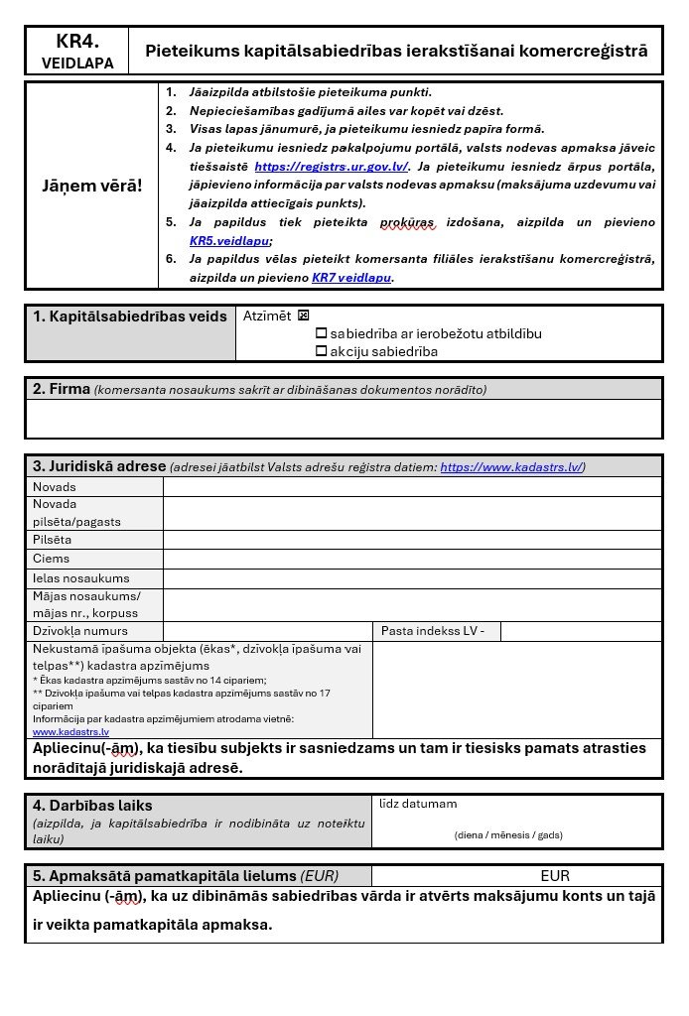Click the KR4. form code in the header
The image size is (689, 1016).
tap(76, 41)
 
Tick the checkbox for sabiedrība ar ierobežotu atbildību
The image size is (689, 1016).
tap(321, 334)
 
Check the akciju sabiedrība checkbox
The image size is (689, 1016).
tap(321, 351)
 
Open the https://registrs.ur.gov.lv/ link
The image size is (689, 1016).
tap(331, 166)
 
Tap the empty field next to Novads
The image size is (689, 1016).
tap(412, 487)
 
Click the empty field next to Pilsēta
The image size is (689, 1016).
tap(412, 540)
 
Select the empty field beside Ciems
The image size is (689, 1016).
tap(412, 559)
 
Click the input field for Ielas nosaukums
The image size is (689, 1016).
tap(412, 578)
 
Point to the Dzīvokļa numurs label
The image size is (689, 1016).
tap(80, 631)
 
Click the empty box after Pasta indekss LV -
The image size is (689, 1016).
tap(581, 631)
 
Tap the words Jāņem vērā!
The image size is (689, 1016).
tap(91, 186)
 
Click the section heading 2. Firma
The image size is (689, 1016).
tap(62, 389)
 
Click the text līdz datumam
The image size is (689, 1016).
tap(418, 804)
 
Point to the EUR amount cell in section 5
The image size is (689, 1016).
tap(555, 876)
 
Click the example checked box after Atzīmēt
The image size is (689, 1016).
tap(304, 316)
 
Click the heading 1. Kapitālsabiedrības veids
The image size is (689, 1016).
tap(130, 317)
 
